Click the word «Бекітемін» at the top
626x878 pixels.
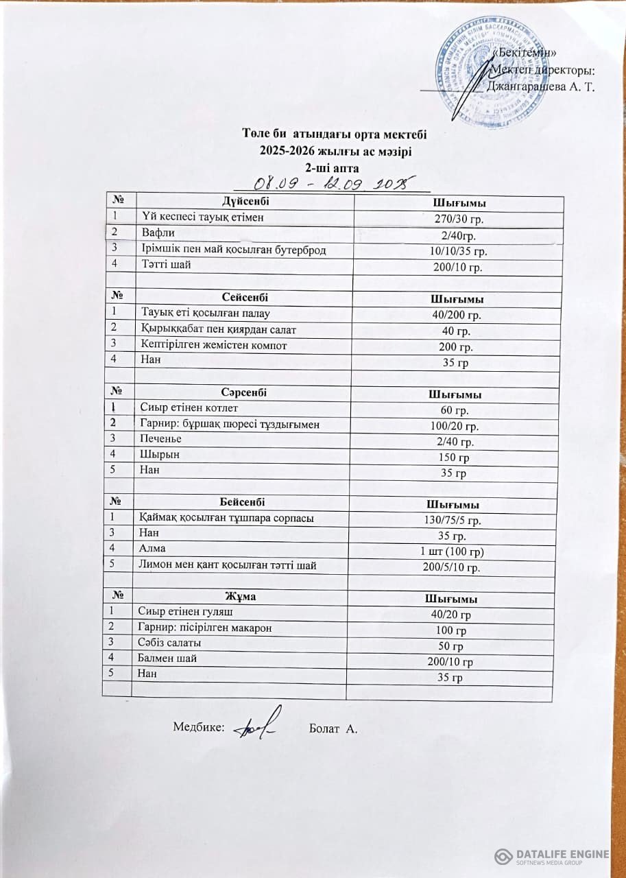point(525,54)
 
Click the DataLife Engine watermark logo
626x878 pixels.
point(551,856)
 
